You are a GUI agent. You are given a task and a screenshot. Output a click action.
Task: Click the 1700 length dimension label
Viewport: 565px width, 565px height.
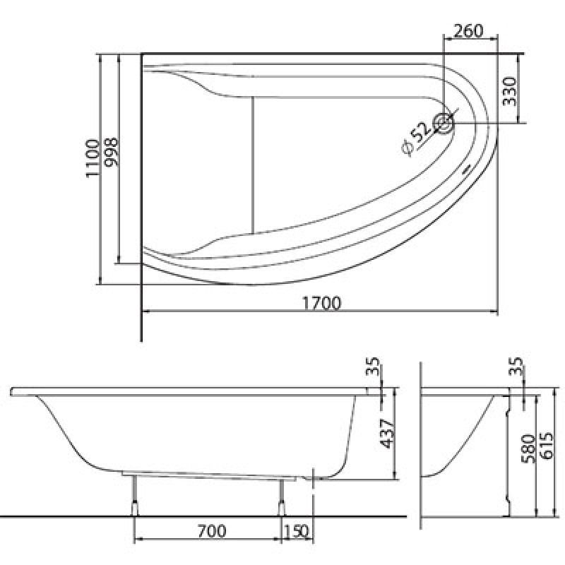point(322,304)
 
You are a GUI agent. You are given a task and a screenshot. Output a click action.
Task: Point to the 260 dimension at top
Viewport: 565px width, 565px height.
point(468,31)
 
